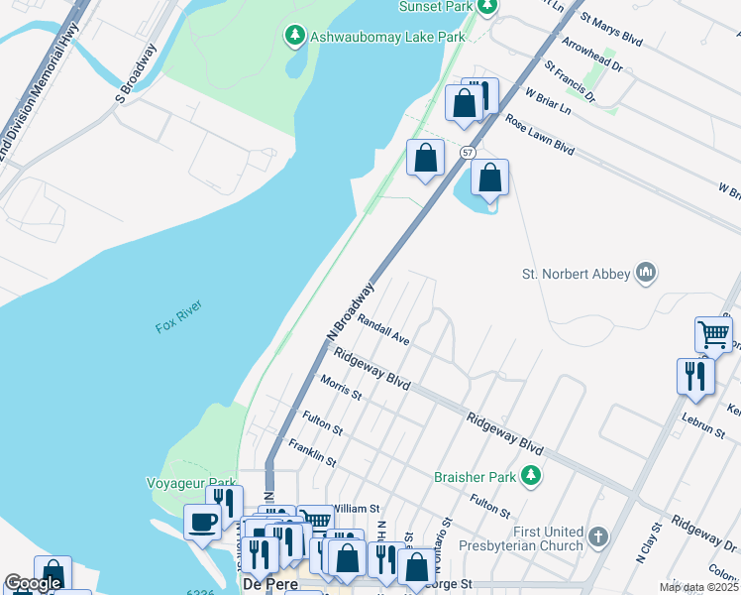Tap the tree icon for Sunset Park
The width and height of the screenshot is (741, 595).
[486, 7]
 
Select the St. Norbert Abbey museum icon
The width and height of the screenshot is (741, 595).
[647, 273]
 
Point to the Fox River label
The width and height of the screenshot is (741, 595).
[178, 326]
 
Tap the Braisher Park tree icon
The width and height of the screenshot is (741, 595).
[532, 477]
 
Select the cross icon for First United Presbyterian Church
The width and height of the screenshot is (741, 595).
[596, 537]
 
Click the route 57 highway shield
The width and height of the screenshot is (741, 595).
[468, 152]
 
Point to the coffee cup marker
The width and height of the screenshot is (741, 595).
[204, 522]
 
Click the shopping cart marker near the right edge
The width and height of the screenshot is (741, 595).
[713, 333]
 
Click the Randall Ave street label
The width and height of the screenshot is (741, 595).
[383, 329]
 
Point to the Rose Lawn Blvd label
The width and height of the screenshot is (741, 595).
[540, 135]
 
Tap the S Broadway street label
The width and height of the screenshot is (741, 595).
[137, 73]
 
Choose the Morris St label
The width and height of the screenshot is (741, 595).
[342, 387]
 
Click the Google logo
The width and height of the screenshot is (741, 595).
[33, 583]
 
